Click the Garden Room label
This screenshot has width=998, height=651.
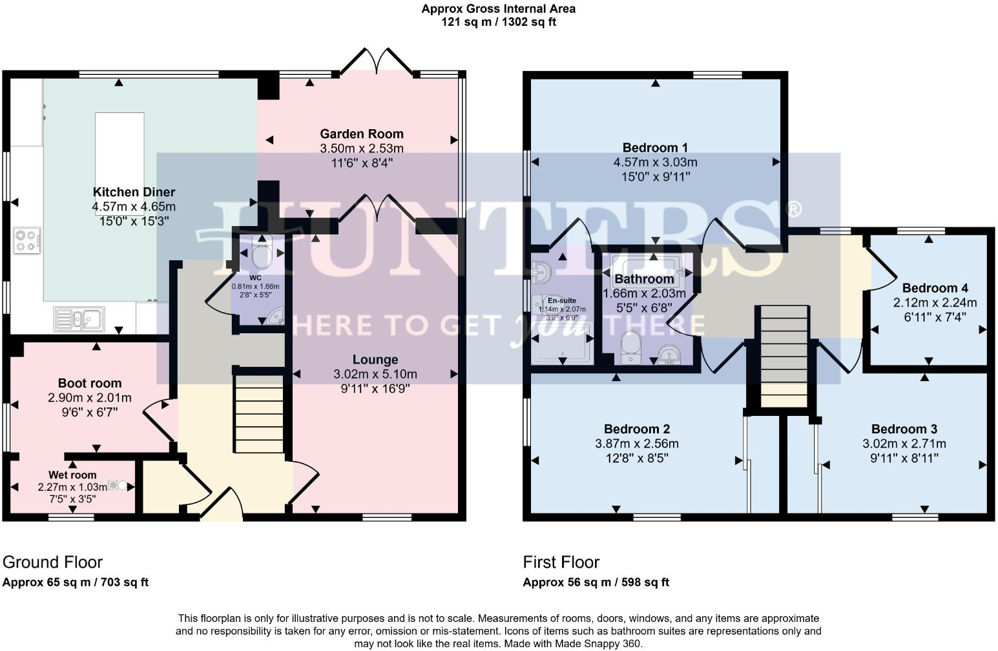pyautogui.click(x=361, y=134)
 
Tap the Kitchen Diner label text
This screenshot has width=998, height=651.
pyautogui.click(x=134, y=192)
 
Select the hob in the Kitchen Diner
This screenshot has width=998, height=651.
pyautogui.click(x=27, y=241)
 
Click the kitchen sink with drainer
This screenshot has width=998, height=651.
pyautogui.click(x=79, y=318)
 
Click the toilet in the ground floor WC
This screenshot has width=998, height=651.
pyautogui.click(x=262, y=255)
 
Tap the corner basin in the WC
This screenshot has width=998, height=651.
pyautogui.click(x=275, y=316)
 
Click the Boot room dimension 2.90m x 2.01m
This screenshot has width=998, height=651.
pyautogui.click(x=90, y=398)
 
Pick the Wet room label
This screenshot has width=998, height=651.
pyautogui.click(x=72, y=475)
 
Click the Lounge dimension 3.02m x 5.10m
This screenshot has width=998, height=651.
pyautogui.click(x=375, y=374)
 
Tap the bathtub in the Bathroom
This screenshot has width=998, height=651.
pyautogui.click(x=647, y=267)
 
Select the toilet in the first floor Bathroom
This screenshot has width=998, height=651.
pyautogui.click(x=630, y=347)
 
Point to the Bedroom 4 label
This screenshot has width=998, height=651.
pyautogui.click(x=935, y=288)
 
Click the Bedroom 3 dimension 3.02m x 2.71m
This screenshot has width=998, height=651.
pyautogui.click(x=904, y=444)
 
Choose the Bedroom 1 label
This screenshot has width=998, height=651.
pyautogui.click(x=655, y=147)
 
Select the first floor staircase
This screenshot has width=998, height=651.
pyautogui.click(x=784, y=356)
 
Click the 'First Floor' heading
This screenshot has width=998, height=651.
pyautogui.click(x=561, y=562)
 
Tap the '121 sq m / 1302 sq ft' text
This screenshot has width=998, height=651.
pyautogui.click(x=498, y=22)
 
